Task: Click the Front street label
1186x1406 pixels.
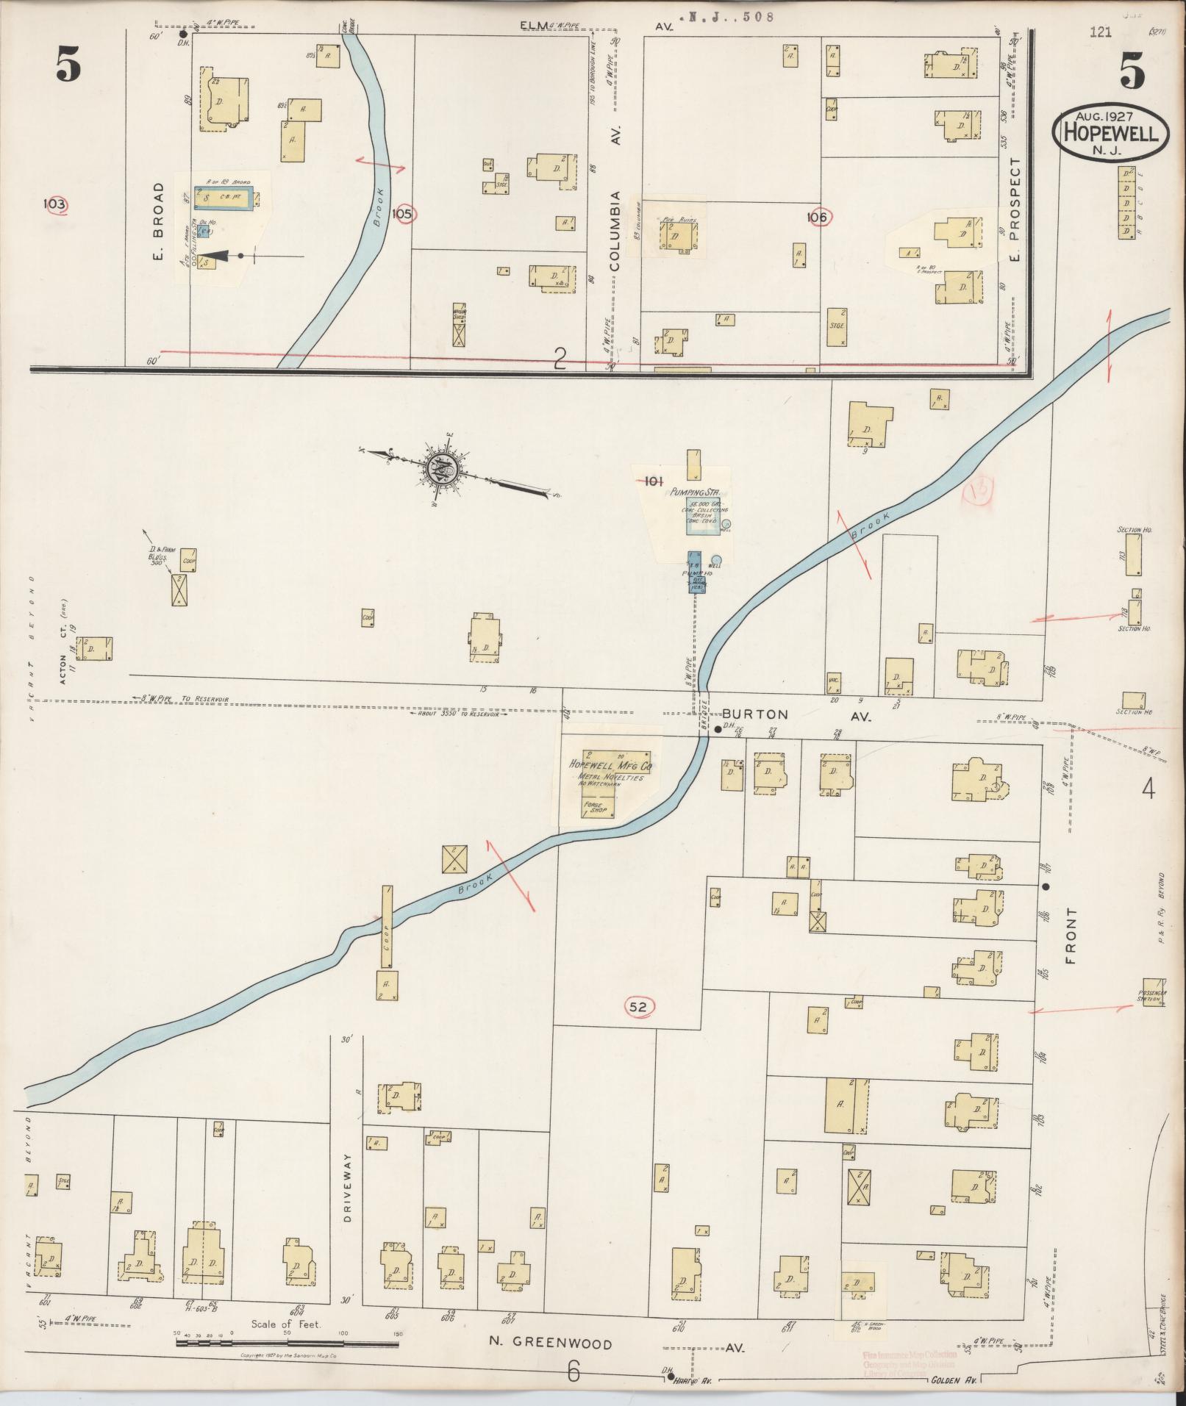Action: click(x=1070, y=936)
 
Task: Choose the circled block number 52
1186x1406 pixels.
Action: click(x=637, y=1008)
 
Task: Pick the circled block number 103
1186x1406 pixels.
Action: click(x=55, y=204)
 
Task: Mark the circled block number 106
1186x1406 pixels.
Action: click(x=816, y=217)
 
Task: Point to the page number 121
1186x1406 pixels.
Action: click(x=1101, y=32)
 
